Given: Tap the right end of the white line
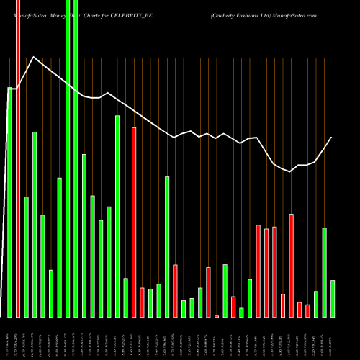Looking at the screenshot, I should coord(332,138).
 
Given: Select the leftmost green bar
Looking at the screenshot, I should coord(10,202).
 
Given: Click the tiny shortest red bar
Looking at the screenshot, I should coord(217,316).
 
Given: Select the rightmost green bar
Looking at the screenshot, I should coord(333,298).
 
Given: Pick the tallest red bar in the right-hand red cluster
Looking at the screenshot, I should coord(291,265).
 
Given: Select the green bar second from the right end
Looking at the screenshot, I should coord(324,272).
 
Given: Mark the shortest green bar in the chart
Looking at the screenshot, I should coord(241,312).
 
